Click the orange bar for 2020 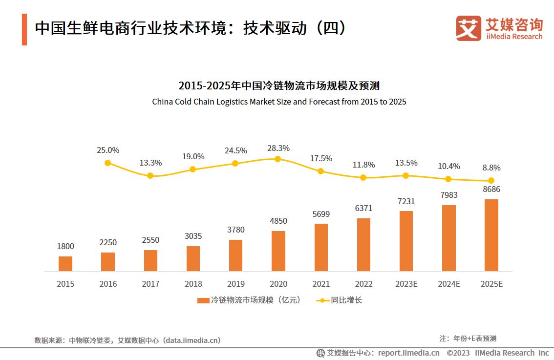(278, 251)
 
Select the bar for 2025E (491, 235)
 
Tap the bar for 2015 (65, 264)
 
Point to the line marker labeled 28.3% (277, 159)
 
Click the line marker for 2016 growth (108, 163)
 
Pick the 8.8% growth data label (491, 168)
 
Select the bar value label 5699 (320, 213)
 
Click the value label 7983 (448, 195)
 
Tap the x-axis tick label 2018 (193, 284)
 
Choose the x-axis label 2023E (406, 284)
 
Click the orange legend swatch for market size (203, 300)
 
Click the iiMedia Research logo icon (468, 28)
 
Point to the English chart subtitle (279, 102)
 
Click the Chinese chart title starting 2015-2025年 (279, 86)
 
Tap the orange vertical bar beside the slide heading (24, 30)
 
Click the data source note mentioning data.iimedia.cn (128, 340)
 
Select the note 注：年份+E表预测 (468, 339)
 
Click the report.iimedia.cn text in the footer (408, 353)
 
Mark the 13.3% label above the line (150, 163)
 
